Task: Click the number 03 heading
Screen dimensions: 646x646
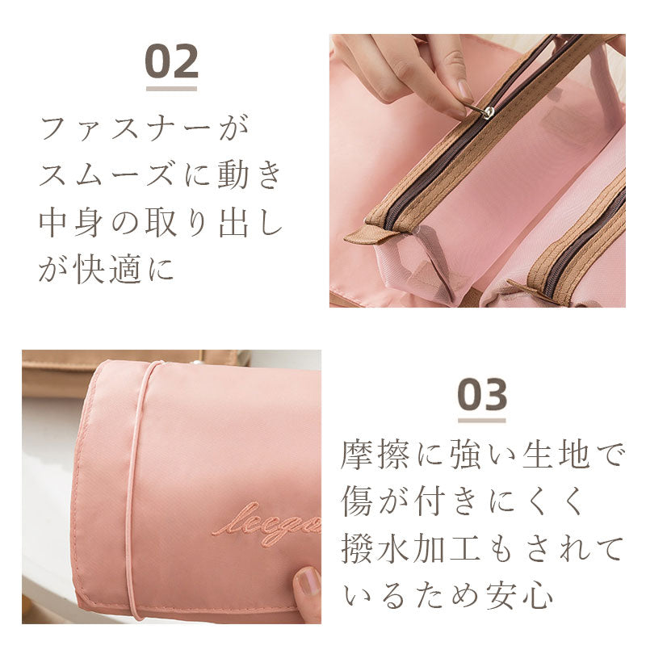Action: (x=482, y=395)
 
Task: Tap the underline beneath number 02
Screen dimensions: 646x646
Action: (x=171, y=87)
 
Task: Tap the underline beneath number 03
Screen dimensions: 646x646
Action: (x=482, y=420)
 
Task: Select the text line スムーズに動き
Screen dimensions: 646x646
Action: (x=161, y=176)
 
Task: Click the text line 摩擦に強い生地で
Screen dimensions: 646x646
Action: (x=482, y=455)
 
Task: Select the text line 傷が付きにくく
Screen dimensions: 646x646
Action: (x=462, y=501)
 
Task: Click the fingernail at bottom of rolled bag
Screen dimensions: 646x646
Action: (x=308, y=581)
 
